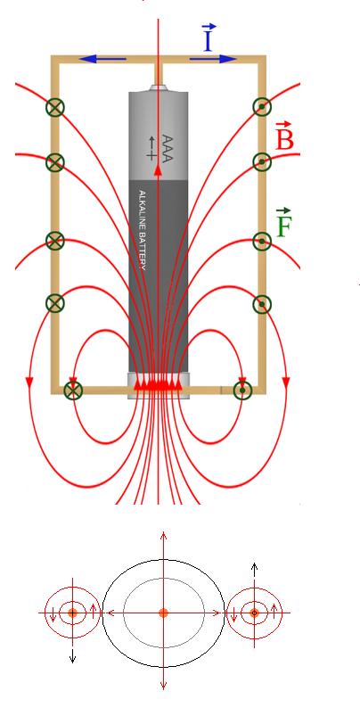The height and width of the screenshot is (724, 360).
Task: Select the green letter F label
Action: pos(283,223)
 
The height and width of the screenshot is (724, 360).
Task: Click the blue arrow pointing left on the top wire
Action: pos(102,59)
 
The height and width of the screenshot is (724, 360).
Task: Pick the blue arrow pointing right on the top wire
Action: pos(213,59)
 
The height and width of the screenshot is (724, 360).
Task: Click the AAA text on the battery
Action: pos(168,148)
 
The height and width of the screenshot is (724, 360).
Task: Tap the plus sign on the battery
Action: pos(151,155)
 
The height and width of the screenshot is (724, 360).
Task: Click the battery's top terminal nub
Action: pos(159,87)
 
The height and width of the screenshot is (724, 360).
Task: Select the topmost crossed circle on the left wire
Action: pos(55,107)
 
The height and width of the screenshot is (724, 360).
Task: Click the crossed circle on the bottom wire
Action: pos(72,391)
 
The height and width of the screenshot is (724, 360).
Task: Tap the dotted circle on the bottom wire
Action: pos(242,391)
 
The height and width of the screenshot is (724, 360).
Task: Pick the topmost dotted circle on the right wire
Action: pos(262,107)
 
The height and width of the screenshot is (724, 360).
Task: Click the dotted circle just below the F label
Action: pos(262,241)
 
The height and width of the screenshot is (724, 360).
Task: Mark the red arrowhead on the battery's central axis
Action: pos(159,170)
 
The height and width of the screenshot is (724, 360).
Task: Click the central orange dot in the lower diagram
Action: pos(163,613)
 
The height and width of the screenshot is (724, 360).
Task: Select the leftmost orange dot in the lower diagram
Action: pos(72,613)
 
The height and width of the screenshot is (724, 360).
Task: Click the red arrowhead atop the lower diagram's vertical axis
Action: pos(163,536)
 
